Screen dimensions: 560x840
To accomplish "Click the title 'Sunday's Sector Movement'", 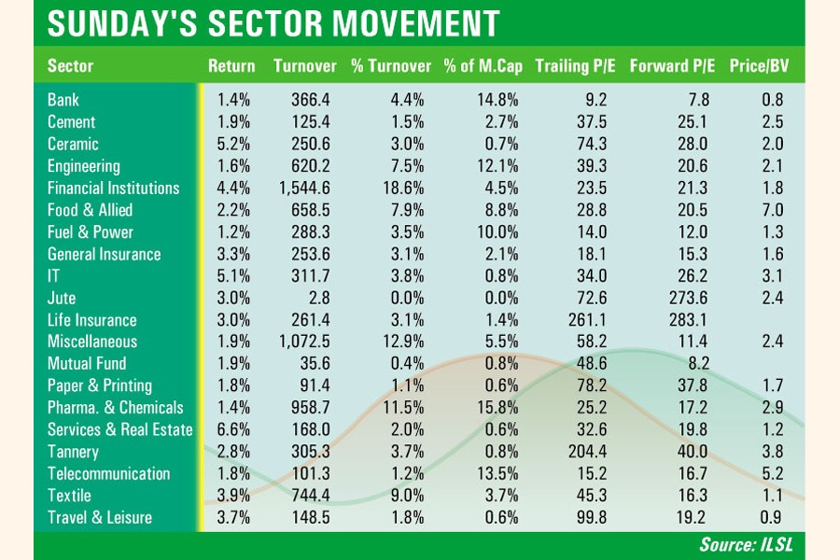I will pyautogui.click(x=273, y=23).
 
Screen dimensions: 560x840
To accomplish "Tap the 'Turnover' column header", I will pyautogui.click(x=304, y=66).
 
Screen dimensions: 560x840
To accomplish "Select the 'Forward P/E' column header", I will pyautogui.click(x=672, y=66).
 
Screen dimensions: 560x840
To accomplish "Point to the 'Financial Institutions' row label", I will pyautogui.click(x=113, y=188).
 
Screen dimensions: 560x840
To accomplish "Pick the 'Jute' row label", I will pyautogui.click(x=62, y=298).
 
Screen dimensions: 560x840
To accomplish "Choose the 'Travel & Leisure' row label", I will pyautogui.click(x=99, y=517).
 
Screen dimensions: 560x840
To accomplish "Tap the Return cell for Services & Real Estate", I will pyautogui.click(x=233, y=429).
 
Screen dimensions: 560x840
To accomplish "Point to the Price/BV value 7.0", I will pyautogui.click(x=770, y=210).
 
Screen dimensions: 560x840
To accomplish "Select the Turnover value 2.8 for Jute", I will pyautogui.click(x=318, y=298).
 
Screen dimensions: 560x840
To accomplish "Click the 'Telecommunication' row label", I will pyautogui.click(x=108, y=473).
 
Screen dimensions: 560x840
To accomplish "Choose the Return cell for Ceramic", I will pyautogui.click(x=233, y=144).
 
